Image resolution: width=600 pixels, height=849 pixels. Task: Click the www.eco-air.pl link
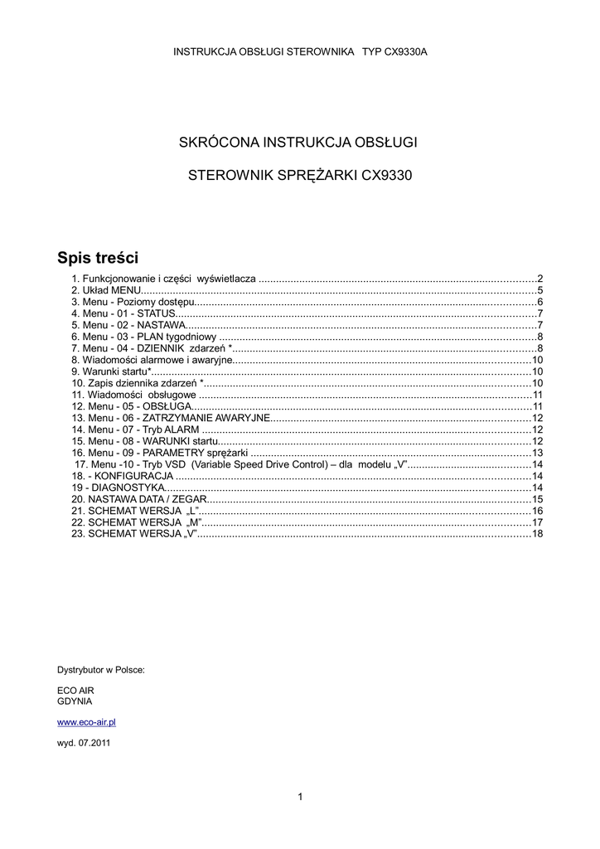pyautogui.click(x=86, y=723)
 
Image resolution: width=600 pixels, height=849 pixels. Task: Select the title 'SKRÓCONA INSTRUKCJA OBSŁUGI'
pyautogui.click(x=298, y=142)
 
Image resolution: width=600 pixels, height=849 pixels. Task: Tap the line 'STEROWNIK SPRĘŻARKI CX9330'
pyautogui.click(x=300, y=175)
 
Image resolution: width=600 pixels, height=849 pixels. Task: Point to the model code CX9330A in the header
pyautogui.click(x=400, y=51)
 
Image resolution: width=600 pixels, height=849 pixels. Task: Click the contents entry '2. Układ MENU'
pyautogui.click(x=107, y=290)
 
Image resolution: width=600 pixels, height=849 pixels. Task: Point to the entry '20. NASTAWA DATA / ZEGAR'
pyautogui.click(x=137, y=499)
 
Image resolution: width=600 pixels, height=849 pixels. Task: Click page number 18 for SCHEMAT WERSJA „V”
pyautogui.click(x=537, y=534)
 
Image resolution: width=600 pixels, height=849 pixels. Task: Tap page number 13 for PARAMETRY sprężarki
pyautogui.click(x=537, y=453)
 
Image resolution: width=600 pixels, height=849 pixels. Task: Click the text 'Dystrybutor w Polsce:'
pyautogui.click(x=101, y=668)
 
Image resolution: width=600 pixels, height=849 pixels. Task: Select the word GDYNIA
pyautogui.click(x=75, y=701)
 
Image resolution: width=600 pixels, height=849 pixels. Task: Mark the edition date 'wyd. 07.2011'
pyautogui.click(x=83, y=743)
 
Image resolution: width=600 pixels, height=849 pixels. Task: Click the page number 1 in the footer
pyautogui.click(x=300, y=797)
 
